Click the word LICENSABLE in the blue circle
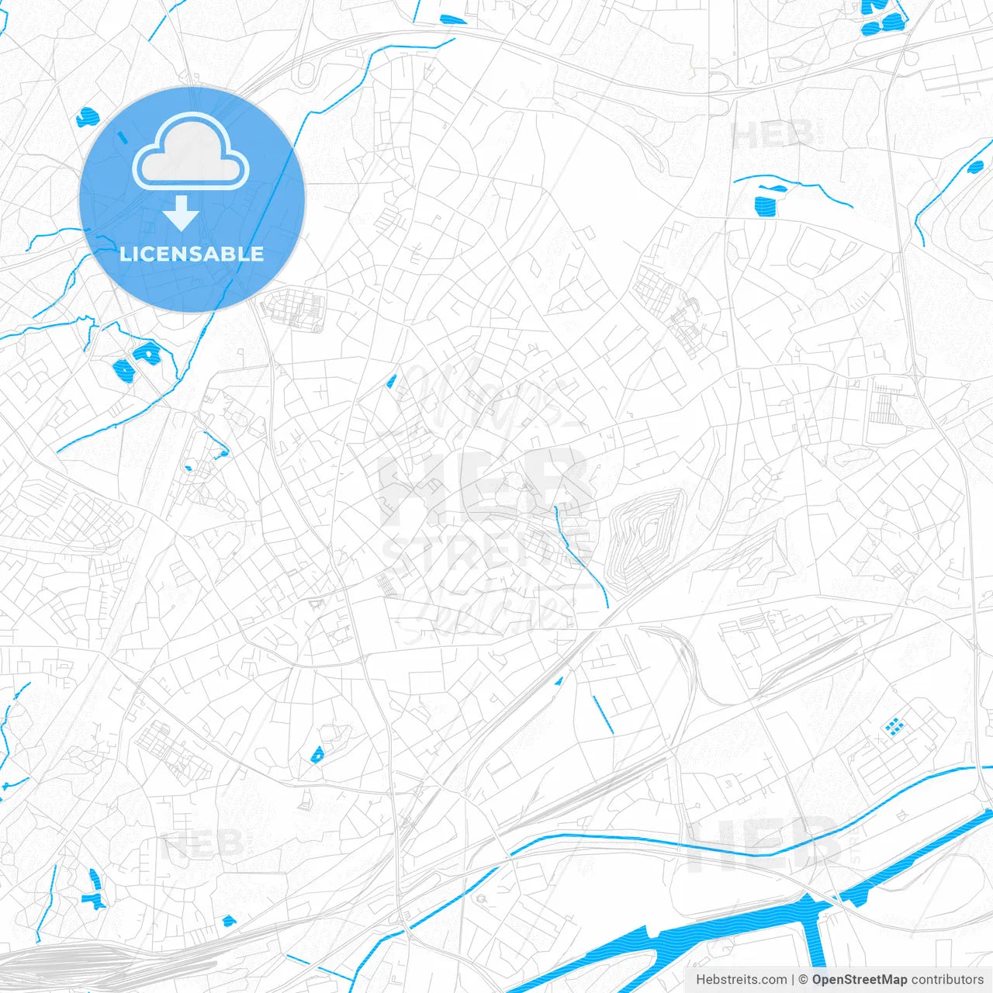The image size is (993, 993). [192, 254]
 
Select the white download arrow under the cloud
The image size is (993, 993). [182, 213]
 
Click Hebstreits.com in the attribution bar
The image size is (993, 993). [741, 980]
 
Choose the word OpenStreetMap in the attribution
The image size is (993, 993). [860, 980]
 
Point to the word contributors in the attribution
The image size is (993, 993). [947, 980]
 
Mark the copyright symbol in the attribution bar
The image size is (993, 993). [803, 980]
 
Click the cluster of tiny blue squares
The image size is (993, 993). [894, 726]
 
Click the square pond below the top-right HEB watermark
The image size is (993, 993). [765, 206]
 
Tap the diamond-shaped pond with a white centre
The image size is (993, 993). [145, 355]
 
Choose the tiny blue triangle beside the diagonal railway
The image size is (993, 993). [558, 682]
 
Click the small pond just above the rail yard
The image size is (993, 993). [228, 921]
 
